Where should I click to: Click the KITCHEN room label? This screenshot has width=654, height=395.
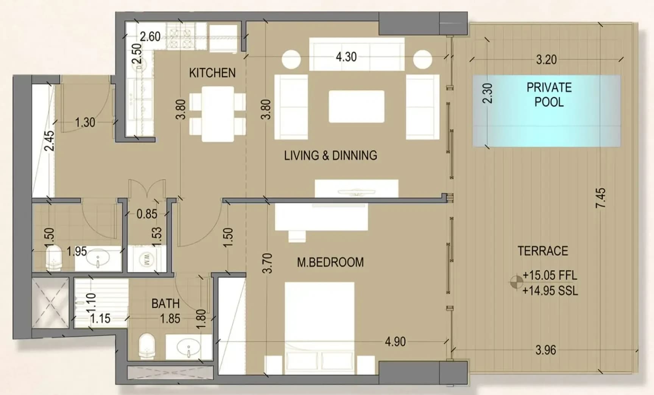(x=212, y=73)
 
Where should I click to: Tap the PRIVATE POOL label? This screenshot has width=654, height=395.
(x=549, y=95)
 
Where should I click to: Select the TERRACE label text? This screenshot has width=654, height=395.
(x=543, y=251)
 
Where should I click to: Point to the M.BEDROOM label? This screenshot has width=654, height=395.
(x=330, y=262)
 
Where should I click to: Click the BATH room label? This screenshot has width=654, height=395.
(x=165, y=303)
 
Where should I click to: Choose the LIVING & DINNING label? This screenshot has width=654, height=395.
(x=330, y=155)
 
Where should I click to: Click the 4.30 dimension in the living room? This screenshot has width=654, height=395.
(x=346, y=57)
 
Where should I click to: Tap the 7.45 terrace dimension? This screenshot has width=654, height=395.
(x=601, y=198)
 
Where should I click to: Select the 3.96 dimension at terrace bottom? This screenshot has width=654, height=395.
(x=546, y=350)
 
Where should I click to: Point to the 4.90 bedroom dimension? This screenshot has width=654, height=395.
(x=395, y=342)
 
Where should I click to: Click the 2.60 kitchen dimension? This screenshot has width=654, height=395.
(x=150, y=37)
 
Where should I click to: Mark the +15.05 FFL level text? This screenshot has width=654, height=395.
(x=550, y=275)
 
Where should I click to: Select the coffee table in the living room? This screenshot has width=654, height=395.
(x=357, y=106)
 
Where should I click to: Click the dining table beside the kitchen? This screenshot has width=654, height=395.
(x=218, y=114)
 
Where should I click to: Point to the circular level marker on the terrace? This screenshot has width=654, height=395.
(x=516, y=281)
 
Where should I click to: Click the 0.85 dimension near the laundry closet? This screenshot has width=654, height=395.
(x=147, y=214)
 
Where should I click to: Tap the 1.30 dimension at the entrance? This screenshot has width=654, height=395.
(x=85, y=122)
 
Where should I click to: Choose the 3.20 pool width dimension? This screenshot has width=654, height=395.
(x=546, y=60)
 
